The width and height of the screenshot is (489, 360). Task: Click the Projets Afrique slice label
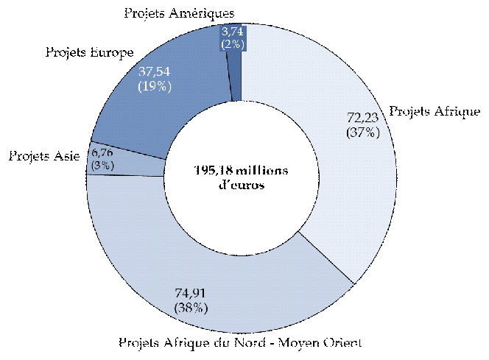435,112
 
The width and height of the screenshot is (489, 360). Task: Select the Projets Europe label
89,53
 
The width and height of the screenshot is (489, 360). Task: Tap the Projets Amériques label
179,13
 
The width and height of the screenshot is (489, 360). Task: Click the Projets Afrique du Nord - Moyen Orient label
242,343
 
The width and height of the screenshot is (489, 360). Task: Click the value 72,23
362,118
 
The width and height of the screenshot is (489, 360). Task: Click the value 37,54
155,72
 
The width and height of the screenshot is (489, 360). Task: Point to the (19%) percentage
155,86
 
